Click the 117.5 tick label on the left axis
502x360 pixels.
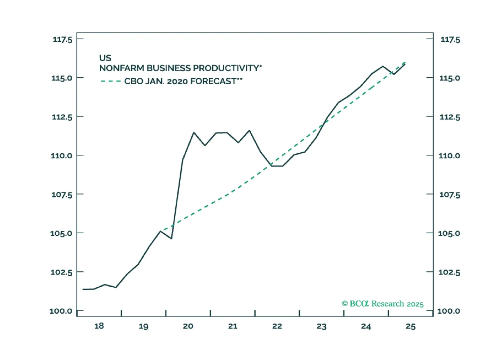62,40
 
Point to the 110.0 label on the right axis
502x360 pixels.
449,156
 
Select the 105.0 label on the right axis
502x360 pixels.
449,233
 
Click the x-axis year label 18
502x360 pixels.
99,326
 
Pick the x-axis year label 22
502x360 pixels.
277,326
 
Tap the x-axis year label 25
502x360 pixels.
410,327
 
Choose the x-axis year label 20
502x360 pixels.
188,326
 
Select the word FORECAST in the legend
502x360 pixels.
213,81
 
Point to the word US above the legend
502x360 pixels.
105,58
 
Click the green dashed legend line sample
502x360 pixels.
110,81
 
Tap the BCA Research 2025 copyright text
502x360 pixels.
382,304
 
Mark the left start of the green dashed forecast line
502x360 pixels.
162,231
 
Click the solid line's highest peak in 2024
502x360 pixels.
383,66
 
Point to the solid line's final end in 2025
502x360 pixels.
405,64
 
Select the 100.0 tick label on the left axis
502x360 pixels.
61,311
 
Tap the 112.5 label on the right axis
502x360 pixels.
450,117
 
